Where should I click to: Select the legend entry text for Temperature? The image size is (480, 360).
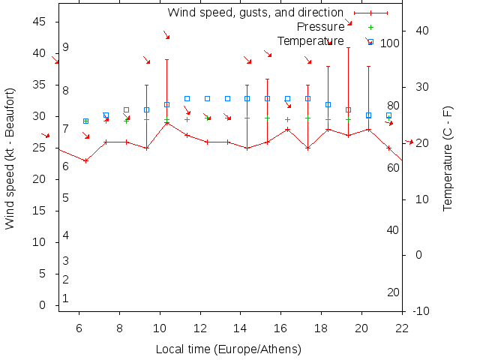(310, 41)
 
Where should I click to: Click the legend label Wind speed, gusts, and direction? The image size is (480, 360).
(255, 13)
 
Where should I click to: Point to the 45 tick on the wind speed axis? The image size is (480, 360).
(40, 22)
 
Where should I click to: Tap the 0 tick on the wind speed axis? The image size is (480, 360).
(43, 305)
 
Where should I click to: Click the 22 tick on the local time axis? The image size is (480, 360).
(402, 328)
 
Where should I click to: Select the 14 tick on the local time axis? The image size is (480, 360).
(240, 328)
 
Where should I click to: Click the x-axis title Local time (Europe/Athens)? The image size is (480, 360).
(228, 349)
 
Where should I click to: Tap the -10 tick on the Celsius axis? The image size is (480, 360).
(421, 311)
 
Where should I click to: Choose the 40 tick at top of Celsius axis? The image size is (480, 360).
(421, 31)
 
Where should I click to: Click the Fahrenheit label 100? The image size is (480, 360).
(390, 43)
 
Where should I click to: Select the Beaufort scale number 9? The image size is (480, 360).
(66, 47)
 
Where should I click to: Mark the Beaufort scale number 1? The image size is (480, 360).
(66, 298)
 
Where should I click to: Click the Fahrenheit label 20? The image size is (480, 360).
(393, 292)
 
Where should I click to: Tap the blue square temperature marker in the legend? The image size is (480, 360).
(370, 41)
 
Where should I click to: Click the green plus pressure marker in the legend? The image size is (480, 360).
(370, 27)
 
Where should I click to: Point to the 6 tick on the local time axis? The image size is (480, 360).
(79, 328)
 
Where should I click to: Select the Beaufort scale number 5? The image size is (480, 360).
(66, 198)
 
